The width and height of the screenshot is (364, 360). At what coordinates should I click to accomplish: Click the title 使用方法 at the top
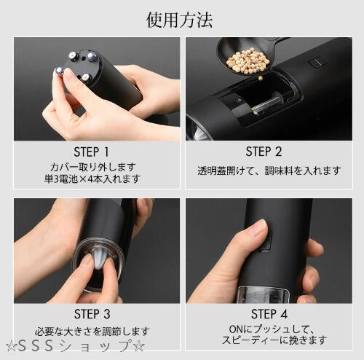pyautogui.click(x=179, y=20)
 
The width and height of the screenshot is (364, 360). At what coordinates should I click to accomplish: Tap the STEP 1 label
pyautogui.click(x=92, y=152)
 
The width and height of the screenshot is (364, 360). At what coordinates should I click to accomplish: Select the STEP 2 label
pyautogui.click(x=264, y=152)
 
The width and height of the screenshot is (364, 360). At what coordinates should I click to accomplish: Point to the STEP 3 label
pyautogui.click(x=92, y=314)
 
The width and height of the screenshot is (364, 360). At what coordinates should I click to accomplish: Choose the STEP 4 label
pyautogui.click(x=269, y=314)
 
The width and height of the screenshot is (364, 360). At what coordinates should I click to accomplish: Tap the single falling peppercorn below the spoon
pyautogui.click(x=261, y=78)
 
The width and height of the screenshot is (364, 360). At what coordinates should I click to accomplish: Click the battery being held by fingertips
pyautogui.click(x=59, y=71)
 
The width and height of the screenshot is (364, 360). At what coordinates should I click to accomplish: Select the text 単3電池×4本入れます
pyautogui.click(x=92, y=179)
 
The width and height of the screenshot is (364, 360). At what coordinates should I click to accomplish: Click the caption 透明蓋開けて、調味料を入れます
pyautogui.click(x=269, y=171)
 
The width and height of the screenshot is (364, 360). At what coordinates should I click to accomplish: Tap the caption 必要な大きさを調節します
pyautogui.click(x=92, y=332)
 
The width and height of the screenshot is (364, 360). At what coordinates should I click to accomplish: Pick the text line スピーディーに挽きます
pyautogui.click(x=274, y=340)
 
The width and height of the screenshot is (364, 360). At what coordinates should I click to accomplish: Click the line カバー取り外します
pyautogui.click(x=93, y=167)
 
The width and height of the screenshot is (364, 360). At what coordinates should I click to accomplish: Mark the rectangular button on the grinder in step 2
pyautogui.click(x=315, y=62)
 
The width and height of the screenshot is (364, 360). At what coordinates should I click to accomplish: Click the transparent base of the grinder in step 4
pyautogui.click(x=263, y=294)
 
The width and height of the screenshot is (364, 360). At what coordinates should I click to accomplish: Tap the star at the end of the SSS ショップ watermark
pyautogui.click(x=139, y=346)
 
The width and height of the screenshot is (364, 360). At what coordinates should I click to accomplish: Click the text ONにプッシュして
pyautogui.click(x=272, y=329)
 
